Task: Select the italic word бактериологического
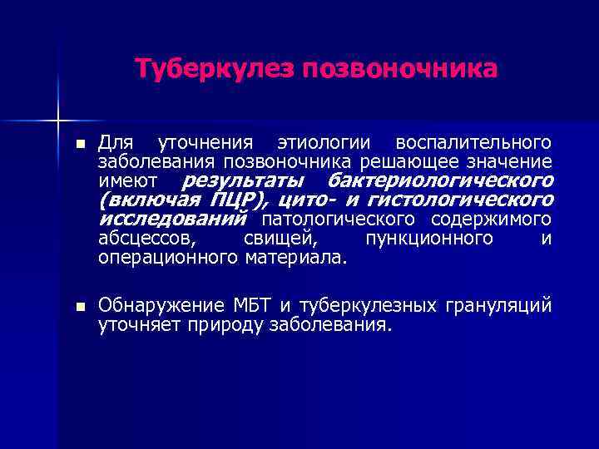click(441, 180)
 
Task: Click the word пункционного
click(428, 239)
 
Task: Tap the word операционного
click(169, 258)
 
